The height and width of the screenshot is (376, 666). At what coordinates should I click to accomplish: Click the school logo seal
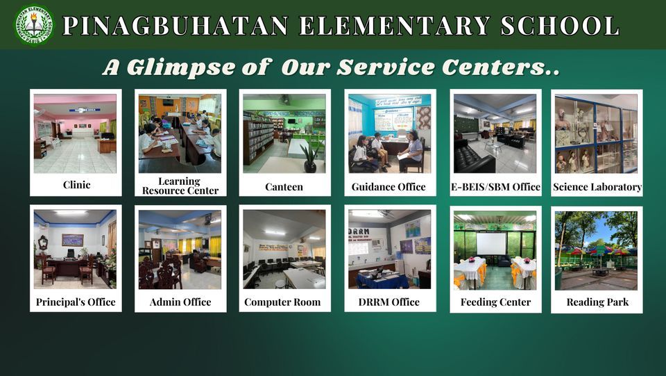pyautogui.click(x=34, y=25)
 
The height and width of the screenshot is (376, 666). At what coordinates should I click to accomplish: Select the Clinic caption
pyautogui.click(x=76, y=185)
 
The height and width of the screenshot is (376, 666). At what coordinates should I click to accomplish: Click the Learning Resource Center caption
pyautogui.click(x=180, y=186)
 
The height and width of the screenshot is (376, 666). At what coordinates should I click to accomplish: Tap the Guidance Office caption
pyautogui.click(x=388, y=186)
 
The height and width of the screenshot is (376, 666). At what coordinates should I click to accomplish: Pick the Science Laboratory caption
pyautogui.click(x=597, y=186)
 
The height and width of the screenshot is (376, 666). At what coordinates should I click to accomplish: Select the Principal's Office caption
pyautogui.click(x=76, y=302)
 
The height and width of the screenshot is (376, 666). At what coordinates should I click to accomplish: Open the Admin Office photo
pyautogui.click(x=180, y=250)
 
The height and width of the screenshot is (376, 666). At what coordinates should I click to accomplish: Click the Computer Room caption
pyautogui.click(x=282, y=302)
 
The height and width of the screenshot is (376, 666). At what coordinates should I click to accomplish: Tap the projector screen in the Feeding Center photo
pyautogui.click(x=491, y=243)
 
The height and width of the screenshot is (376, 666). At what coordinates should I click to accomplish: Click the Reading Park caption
pyautogui.click(x=597, y=302)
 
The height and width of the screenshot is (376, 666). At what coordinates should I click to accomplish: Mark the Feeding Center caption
pyautogui.click(x=495, y=302)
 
